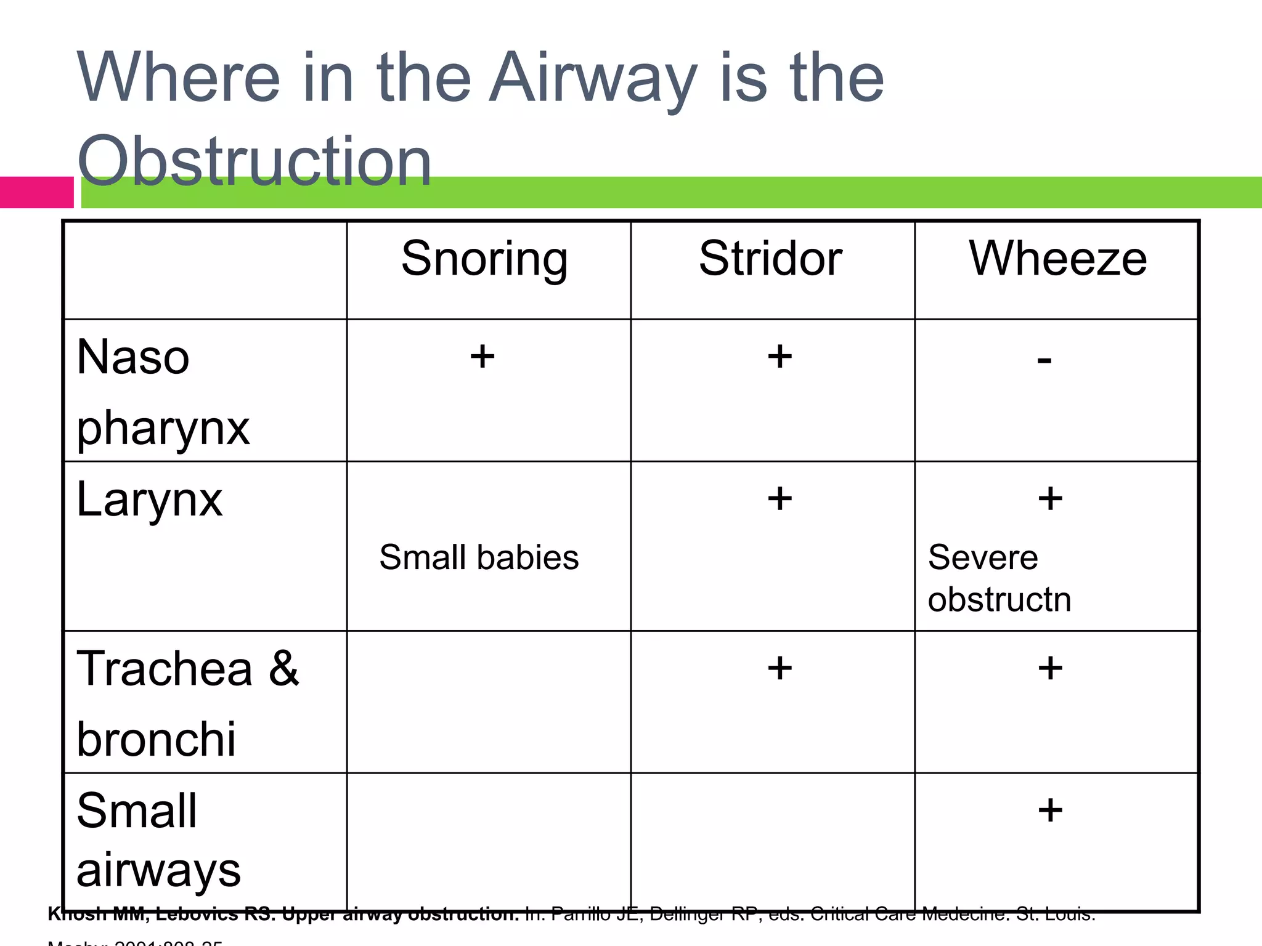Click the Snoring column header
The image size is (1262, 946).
484,259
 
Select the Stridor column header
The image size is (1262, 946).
770,258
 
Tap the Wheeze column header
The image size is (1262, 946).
1057,258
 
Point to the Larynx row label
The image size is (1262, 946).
149,499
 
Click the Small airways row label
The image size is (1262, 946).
158,839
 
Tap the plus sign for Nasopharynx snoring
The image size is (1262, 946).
482,356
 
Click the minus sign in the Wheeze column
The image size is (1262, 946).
1044,360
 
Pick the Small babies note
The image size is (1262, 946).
479,557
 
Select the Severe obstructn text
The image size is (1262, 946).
999,578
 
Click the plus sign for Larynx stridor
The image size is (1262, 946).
780,498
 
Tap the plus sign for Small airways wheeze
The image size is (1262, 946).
1050,810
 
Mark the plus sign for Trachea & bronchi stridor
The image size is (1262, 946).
780,668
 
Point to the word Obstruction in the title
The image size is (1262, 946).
254,161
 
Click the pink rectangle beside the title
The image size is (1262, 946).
36,192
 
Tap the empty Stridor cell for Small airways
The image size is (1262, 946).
772,841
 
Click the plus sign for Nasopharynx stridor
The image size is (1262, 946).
780,356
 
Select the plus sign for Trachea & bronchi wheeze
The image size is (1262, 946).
1050,668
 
